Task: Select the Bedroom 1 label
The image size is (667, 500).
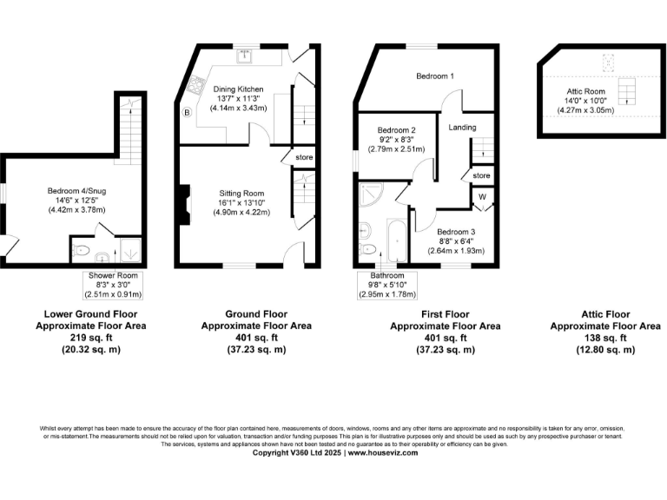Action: [x=434, y=76]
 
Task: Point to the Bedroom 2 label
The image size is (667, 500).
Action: [x=395, y=129]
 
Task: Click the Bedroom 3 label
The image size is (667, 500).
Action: [x=454, y=232]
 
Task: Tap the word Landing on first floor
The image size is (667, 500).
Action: [x=463, y=127]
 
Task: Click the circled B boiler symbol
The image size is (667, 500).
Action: [x=186, y=112]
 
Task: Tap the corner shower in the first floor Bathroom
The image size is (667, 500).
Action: [x=369, y=194]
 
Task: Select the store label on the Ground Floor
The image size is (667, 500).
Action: [x=303, y=158]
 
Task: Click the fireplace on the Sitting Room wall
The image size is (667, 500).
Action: [x=184, y=203]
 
